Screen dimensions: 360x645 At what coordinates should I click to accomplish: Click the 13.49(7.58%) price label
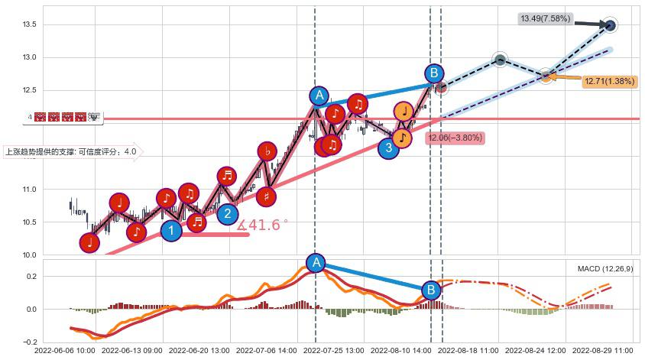coord(545,18)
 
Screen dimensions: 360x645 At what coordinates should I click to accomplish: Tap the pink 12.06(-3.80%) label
coord(455,138)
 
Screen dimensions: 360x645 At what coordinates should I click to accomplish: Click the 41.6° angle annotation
coord(263,225)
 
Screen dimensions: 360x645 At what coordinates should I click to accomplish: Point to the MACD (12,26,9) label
coord(605,269)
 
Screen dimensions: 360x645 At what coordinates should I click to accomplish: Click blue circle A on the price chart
coord(319,96)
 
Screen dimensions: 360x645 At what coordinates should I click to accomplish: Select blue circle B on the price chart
coord(434,73)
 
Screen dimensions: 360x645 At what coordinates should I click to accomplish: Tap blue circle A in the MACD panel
coord(316,263)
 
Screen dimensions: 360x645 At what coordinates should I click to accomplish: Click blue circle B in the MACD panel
coord(431,290)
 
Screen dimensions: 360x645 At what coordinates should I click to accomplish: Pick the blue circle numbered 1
coord(172,229)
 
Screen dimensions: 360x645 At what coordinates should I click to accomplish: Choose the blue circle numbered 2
coord(227,213)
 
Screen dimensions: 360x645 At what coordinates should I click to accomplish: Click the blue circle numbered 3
coord(388,147)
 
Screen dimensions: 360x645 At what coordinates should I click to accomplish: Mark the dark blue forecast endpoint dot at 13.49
coord(610,25)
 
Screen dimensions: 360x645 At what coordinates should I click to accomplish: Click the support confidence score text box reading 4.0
coord(71,152)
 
